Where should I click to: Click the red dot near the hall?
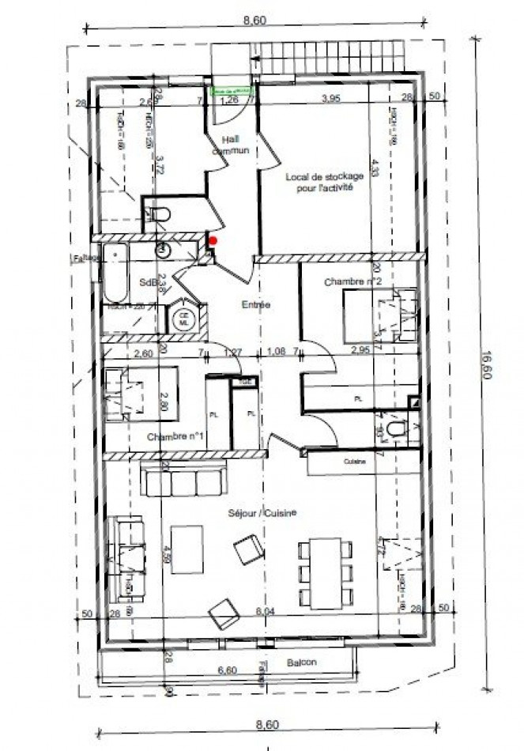tap(213, 240)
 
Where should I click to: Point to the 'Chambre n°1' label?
tap(176, 436)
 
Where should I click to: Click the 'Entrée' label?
tap(256, 304)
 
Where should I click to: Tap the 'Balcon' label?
tap(302, 662)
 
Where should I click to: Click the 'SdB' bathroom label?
tap(148, 281)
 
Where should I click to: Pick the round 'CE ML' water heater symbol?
tap(184, 319)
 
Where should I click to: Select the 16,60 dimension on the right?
tap(488, 366)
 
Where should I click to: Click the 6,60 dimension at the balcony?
tap(228, 670)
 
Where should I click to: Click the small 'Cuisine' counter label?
tap(353, 461)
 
